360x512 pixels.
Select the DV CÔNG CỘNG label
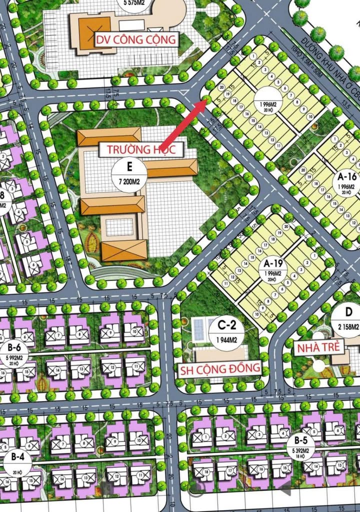point(136,39)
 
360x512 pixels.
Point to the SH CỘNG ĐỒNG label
point(220,368)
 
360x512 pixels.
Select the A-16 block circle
point(346,181)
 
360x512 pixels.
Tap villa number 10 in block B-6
point(133,330)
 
